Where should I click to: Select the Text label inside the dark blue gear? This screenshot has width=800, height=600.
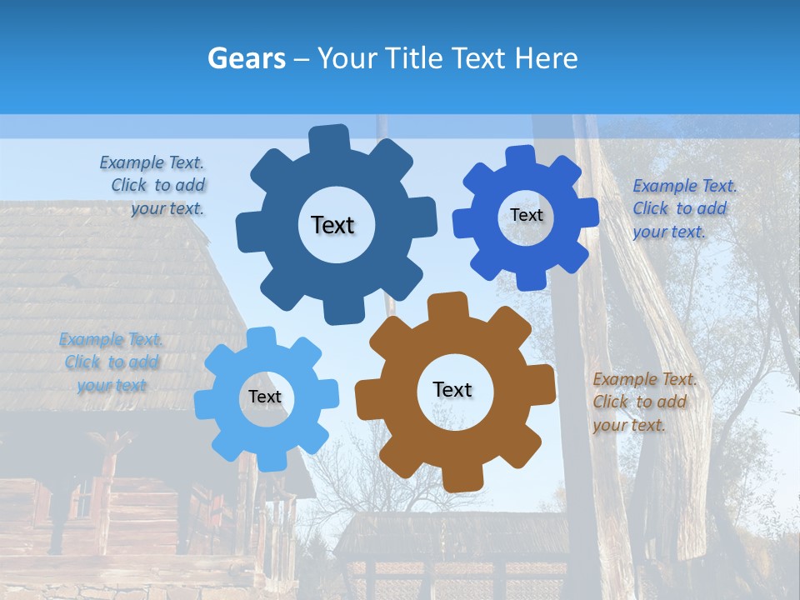[332, 225]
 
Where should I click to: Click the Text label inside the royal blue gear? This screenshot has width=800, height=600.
[526, 215]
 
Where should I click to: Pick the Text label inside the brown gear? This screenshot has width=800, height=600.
[452, 389]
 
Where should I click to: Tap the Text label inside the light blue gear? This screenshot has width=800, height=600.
[265, 397]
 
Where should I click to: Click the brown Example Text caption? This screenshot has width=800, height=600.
[643, 402]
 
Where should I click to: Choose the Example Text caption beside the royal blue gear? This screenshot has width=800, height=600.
[683, 208]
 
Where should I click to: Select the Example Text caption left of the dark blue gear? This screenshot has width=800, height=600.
[153, 186]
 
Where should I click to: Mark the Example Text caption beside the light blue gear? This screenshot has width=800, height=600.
[111, 362]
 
